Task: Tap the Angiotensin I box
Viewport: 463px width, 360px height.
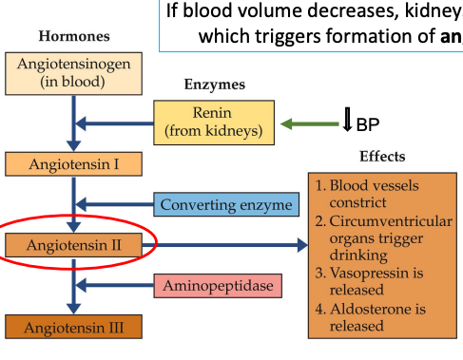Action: (x=73, y=163)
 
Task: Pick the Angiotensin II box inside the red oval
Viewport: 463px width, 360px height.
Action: (x=73, y=245)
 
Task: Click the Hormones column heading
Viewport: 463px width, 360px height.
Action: (x=73, y=36)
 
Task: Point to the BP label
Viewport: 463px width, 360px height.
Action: (x=368, y=124)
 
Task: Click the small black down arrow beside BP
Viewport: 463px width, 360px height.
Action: (x=347, y=123)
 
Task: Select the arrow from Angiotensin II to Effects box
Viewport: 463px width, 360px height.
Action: (x=228, y=245)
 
